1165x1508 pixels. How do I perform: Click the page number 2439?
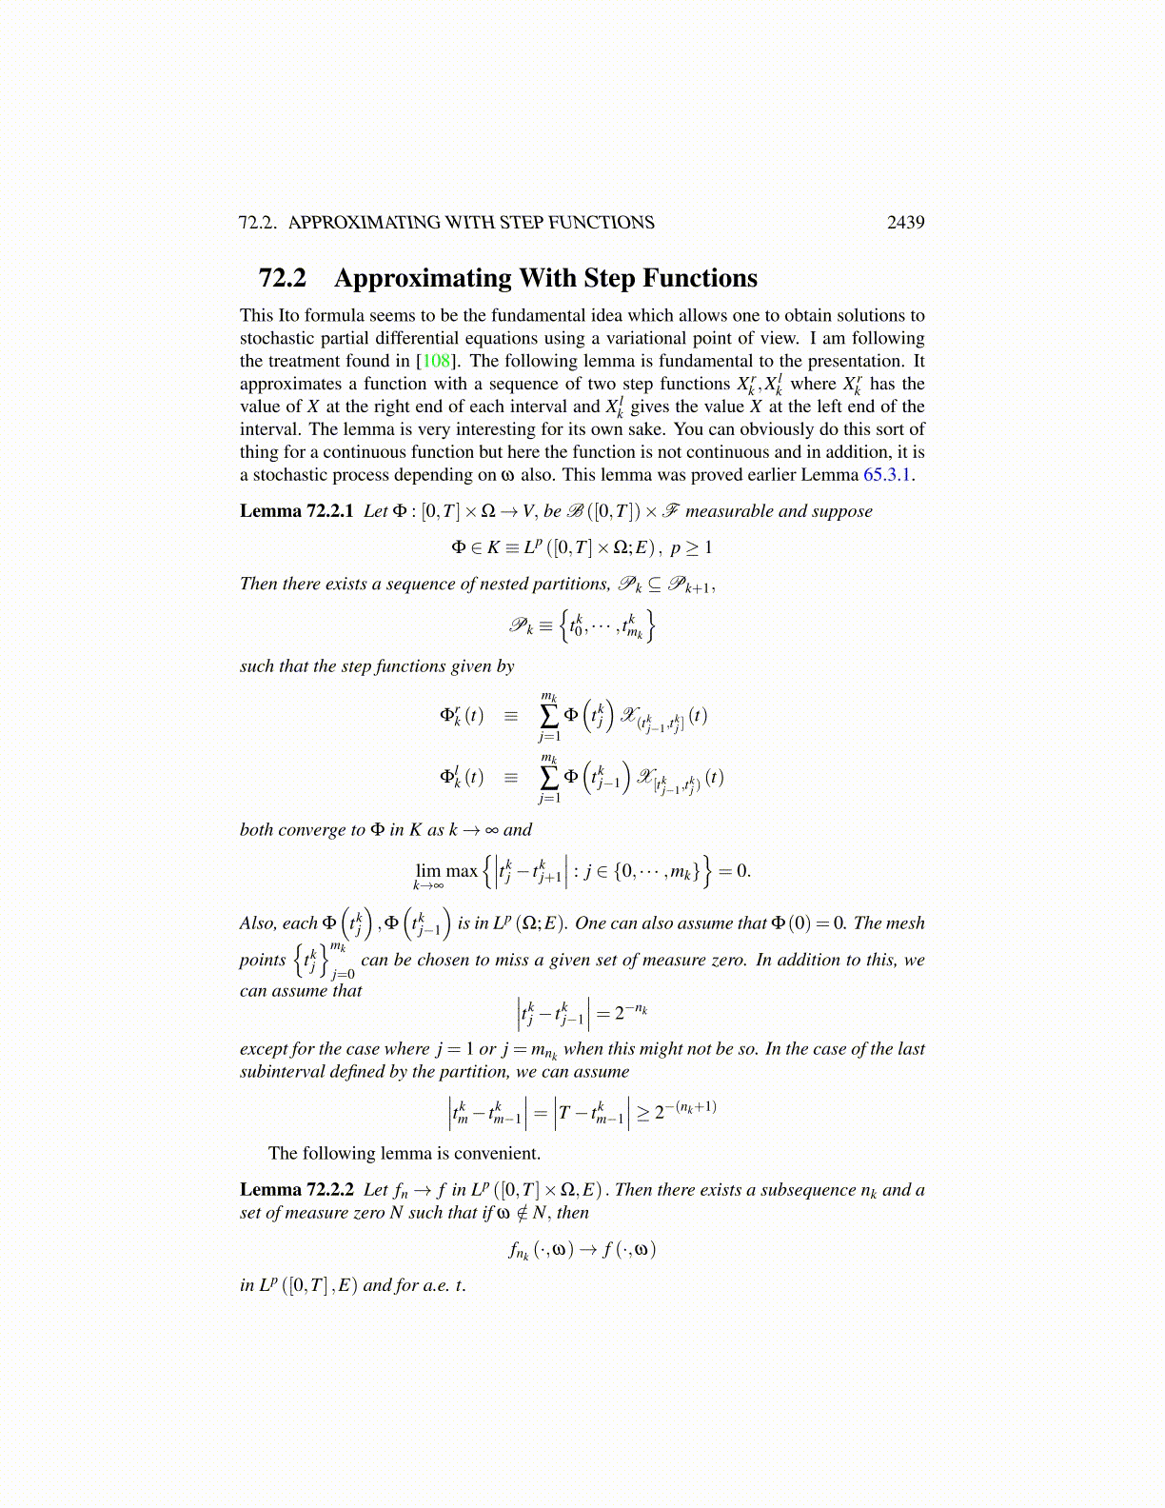pyautogui.click(x=905, y=222)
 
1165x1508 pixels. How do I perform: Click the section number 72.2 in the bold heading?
pyautogui.click(x=283, y=278)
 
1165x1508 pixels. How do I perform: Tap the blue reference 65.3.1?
pyautogui.click(x=887, y=475)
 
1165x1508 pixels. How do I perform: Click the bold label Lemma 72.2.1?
pyautogui.click(x=296, y=511)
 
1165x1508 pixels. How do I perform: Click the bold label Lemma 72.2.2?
pyautogui.click(x=296, y=1190)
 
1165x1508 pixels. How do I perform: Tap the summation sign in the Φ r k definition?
pyautogui.click(x=549, y=716)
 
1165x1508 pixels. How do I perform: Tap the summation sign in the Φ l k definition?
pyautogui.click(x=549, y=778)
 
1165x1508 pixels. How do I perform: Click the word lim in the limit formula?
pyautogui.click(x=428, y=870)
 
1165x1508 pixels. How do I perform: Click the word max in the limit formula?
pyautogui.click(x=462, y=870)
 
